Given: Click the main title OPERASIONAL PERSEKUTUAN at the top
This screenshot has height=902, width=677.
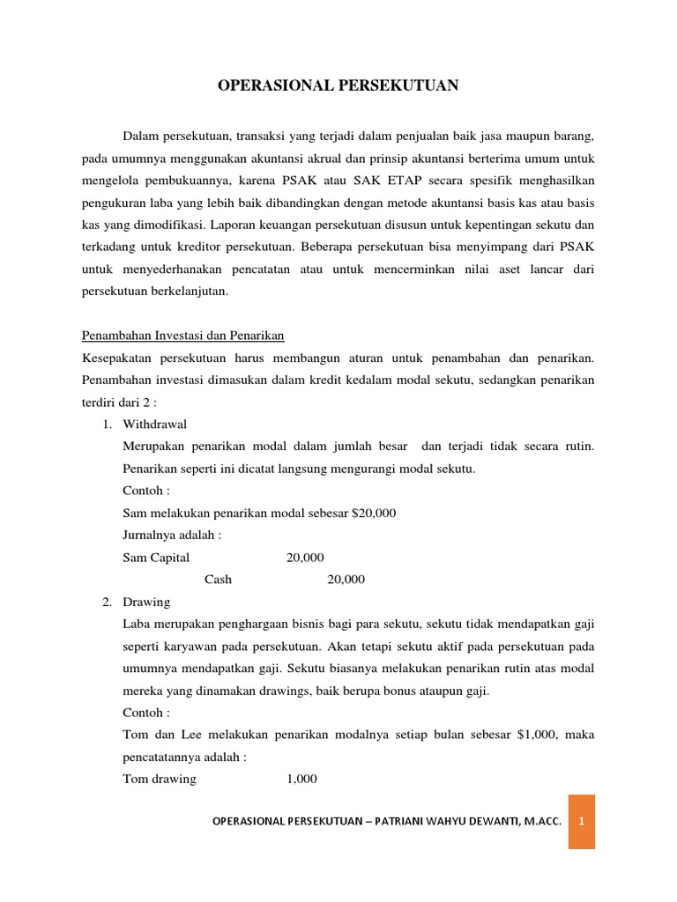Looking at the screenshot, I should (338, 85).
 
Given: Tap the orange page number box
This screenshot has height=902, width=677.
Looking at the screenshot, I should (581, 822).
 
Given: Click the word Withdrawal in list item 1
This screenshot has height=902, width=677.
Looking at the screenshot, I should (154, 424).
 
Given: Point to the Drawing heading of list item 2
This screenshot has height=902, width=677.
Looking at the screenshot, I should (146, 602).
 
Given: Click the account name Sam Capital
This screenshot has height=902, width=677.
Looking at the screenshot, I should (156, 557).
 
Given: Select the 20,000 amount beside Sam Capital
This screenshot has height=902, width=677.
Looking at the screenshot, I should (305, 557).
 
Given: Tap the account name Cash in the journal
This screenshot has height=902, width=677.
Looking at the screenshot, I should (218, 579).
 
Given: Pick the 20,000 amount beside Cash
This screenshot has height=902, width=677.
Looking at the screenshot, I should (346, 579).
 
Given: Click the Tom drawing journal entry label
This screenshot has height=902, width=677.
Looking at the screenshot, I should (160, 779).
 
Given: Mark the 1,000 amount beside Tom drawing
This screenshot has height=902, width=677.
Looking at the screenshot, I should (301, 779).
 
